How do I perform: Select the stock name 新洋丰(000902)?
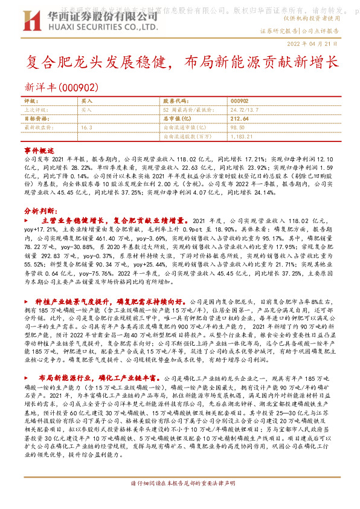[60, 88]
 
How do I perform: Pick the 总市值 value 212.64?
[239, 119]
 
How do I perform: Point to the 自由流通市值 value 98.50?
[238, 128]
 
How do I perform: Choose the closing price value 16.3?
[86, 128]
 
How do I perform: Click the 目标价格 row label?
[36, 119]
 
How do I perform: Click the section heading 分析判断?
[40, 212]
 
